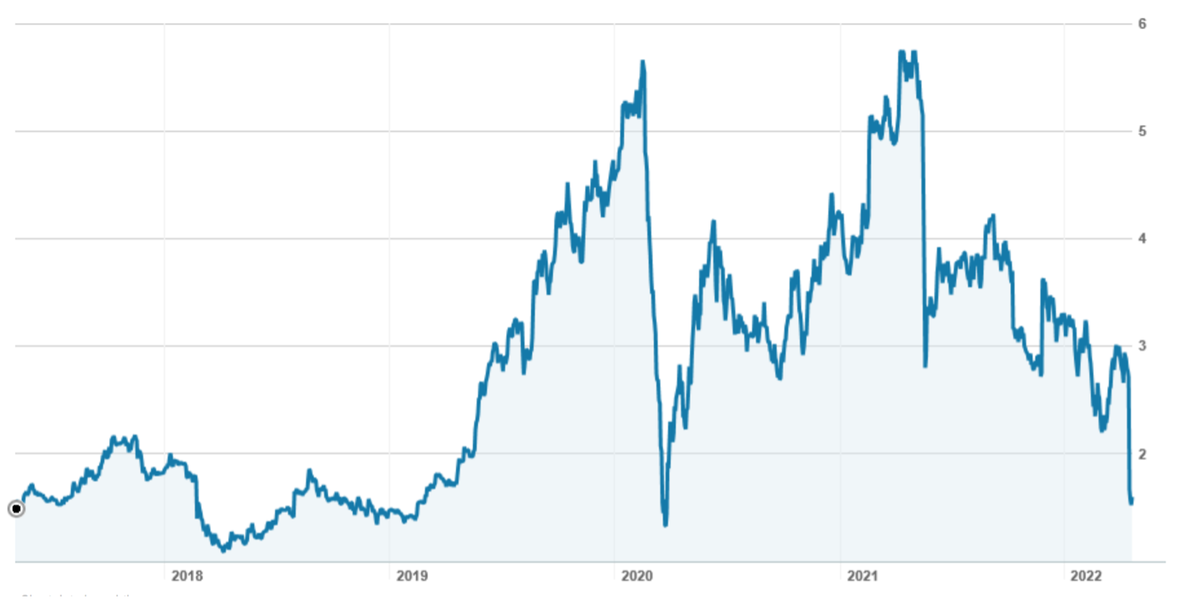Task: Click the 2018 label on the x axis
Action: pos(187,576)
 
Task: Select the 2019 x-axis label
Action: pos(411,576)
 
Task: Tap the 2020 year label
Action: pos(637,576)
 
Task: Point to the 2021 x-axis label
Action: pos(862,576)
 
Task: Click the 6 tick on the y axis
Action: pos(1141,24)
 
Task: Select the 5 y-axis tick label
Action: pos(1141,131)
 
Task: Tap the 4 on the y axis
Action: pos(1141,239)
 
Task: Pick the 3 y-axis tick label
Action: pos(1141,346)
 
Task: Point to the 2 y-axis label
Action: pos(1141,454)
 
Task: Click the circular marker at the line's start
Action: pos(15,509)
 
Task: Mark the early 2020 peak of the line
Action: pos(643,61)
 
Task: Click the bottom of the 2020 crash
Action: pos(665,524)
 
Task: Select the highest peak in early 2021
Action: pos(902,52)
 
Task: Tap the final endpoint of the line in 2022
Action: pos(1131,502)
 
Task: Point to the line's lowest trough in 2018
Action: pos(224,550)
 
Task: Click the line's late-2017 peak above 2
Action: pos(114,438)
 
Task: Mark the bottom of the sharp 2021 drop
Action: pos(925,365)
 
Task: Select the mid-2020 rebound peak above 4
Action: pos(713,222)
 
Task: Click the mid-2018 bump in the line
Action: pos(309,470)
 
